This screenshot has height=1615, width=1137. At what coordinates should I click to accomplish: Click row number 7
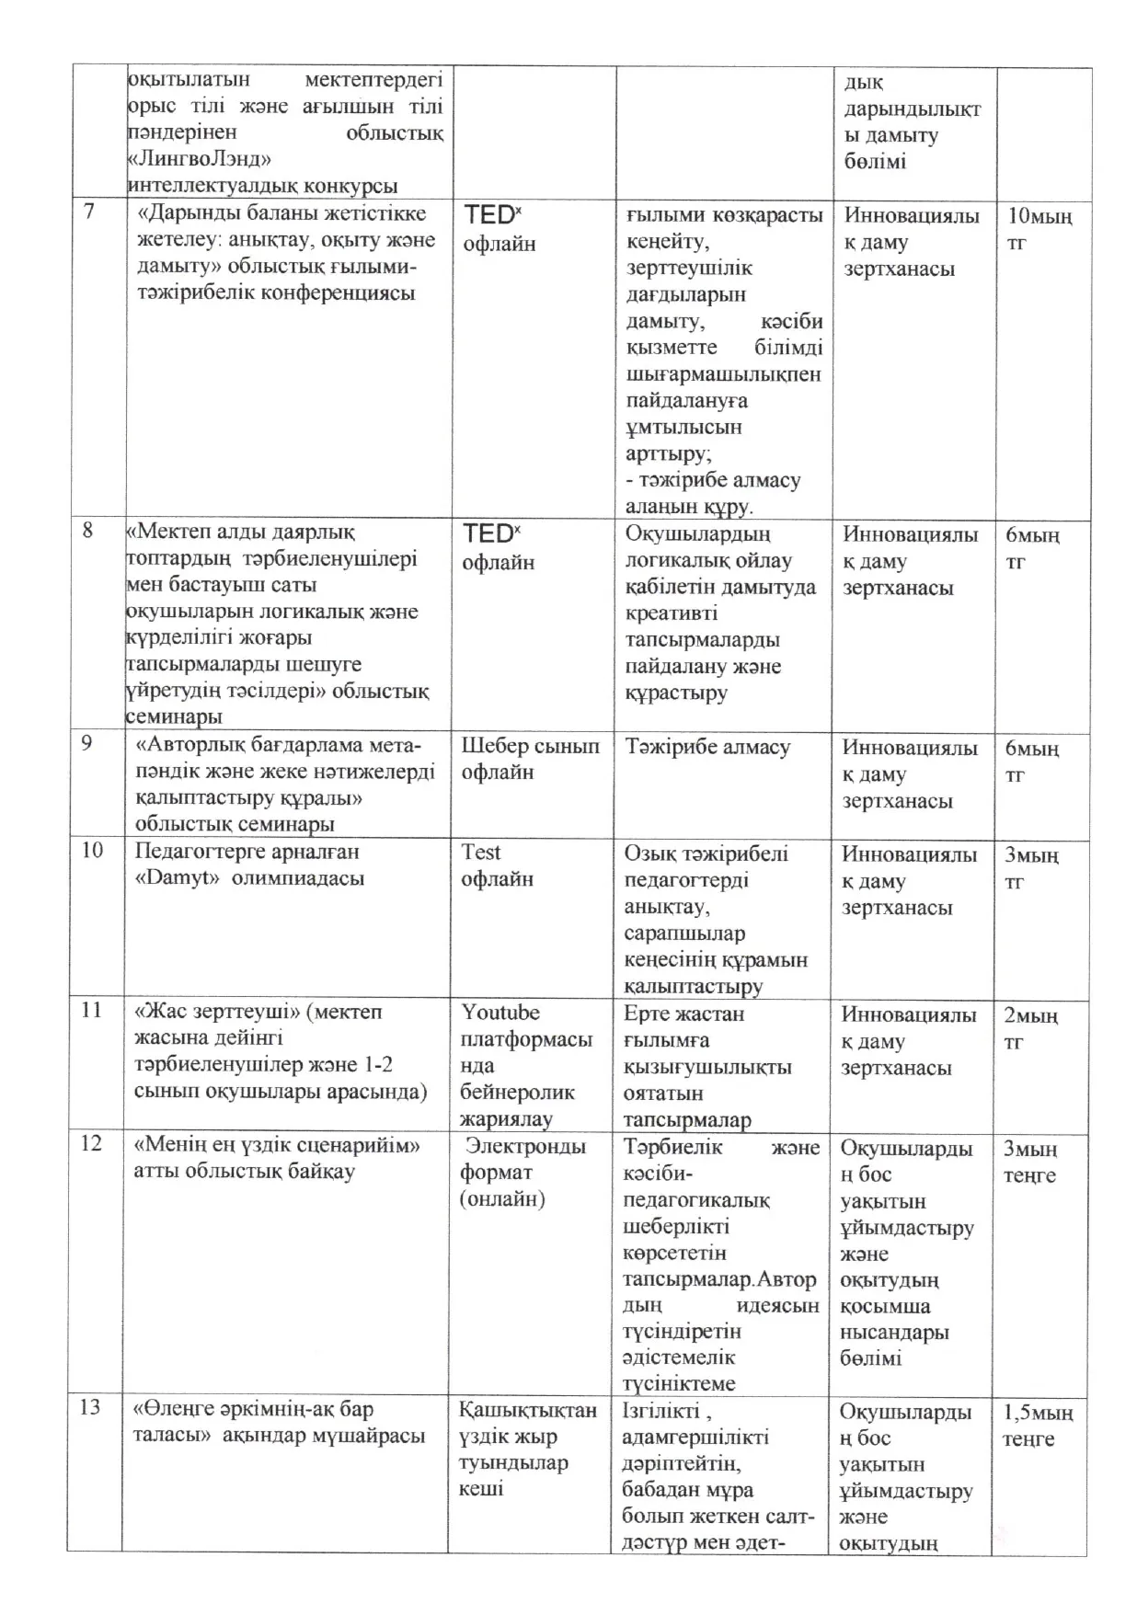point(89,212)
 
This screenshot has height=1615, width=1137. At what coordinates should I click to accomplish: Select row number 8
point(88,531)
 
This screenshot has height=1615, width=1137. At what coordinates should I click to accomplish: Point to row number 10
point(92,850)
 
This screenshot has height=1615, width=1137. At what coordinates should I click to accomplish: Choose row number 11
point(91,1010)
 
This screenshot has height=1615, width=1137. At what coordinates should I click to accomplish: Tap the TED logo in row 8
point(490,533)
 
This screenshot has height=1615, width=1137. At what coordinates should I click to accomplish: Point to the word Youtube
point(500,1013)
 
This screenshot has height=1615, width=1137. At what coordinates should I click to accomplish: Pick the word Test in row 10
point(481,853)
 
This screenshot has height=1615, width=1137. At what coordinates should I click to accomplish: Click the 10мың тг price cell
point(1039,230)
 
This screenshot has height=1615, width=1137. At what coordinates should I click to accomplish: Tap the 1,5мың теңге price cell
point(1038,1426)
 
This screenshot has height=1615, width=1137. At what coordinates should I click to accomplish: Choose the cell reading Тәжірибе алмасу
point(707,747)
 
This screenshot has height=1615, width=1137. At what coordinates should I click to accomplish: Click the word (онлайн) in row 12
point(502,1199)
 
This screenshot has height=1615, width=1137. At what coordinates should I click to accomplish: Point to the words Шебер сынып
point(530,746)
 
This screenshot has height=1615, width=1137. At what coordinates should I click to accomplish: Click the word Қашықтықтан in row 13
point(528,1410)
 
